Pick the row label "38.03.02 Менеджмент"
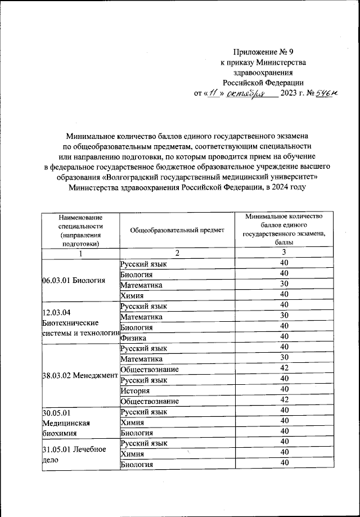[x=80, y=375]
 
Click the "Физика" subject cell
[x=133, y=339]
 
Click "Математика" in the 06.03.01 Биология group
[x=141, y=285]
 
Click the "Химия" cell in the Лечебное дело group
[x=133, y=453]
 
